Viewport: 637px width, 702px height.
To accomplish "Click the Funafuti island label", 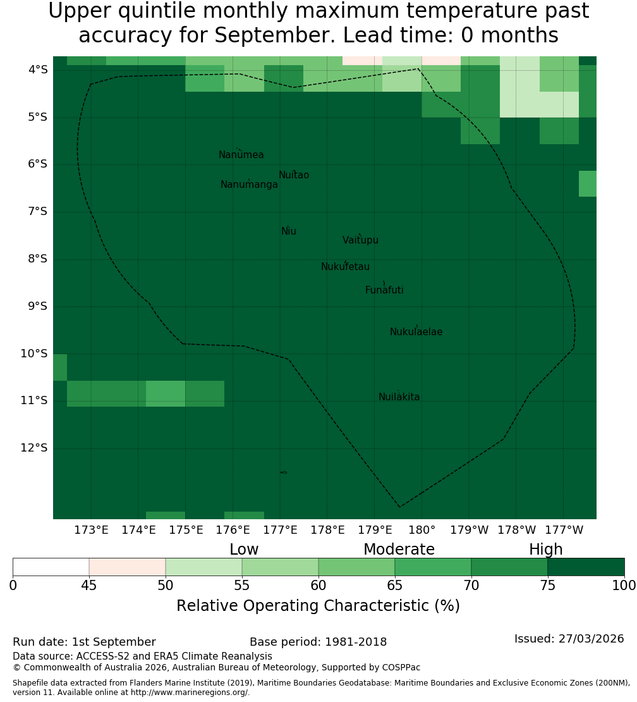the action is [x=384, y=290].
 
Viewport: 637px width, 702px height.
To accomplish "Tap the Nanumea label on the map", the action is [x=241, y=154].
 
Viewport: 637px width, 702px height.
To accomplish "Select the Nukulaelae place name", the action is [x=416, y=332].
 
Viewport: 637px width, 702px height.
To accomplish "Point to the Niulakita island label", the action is [x=399, y=397].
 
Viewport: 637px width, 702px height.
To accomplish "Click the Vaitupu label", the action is [x=361, y=240].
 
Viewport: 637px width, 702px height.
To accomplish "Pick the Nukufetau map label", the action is [x=345, y=266].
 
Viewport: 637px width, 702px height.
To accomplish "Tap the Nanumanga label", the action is [x=249, y=185].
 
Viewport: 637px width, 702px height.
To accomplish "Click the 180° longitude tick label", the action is [x=422, y=530].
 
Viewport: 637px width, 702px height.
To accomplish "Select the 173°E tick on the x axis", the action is [x=91, y=530].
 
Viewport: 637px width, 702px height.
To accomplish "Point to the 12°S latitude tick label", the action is [x=34, y=448].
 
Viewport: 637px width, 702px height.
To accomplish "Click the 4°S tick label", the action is [x=37, y=70].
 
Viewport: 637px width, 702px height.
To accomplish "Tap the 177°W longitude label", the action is [x=564, y=530].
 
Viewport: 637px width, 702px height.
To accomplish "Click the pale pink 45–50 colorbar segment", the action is [x=128, y=567].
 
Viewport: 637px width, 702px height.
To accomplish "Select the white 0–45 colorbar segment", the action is [x=51, y=567].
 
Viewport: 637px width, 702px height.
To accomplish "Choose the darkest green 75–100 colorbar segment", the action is [x=586, y=567].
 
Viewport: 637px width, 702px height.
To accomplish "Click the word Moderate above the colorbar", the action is [x=399, y=550].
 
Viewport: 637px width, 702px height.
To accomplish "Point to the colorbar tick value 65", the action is [x=394, y=586].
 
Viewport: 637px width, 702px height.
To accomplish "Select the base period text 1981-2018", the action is [x=356, y=642].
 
